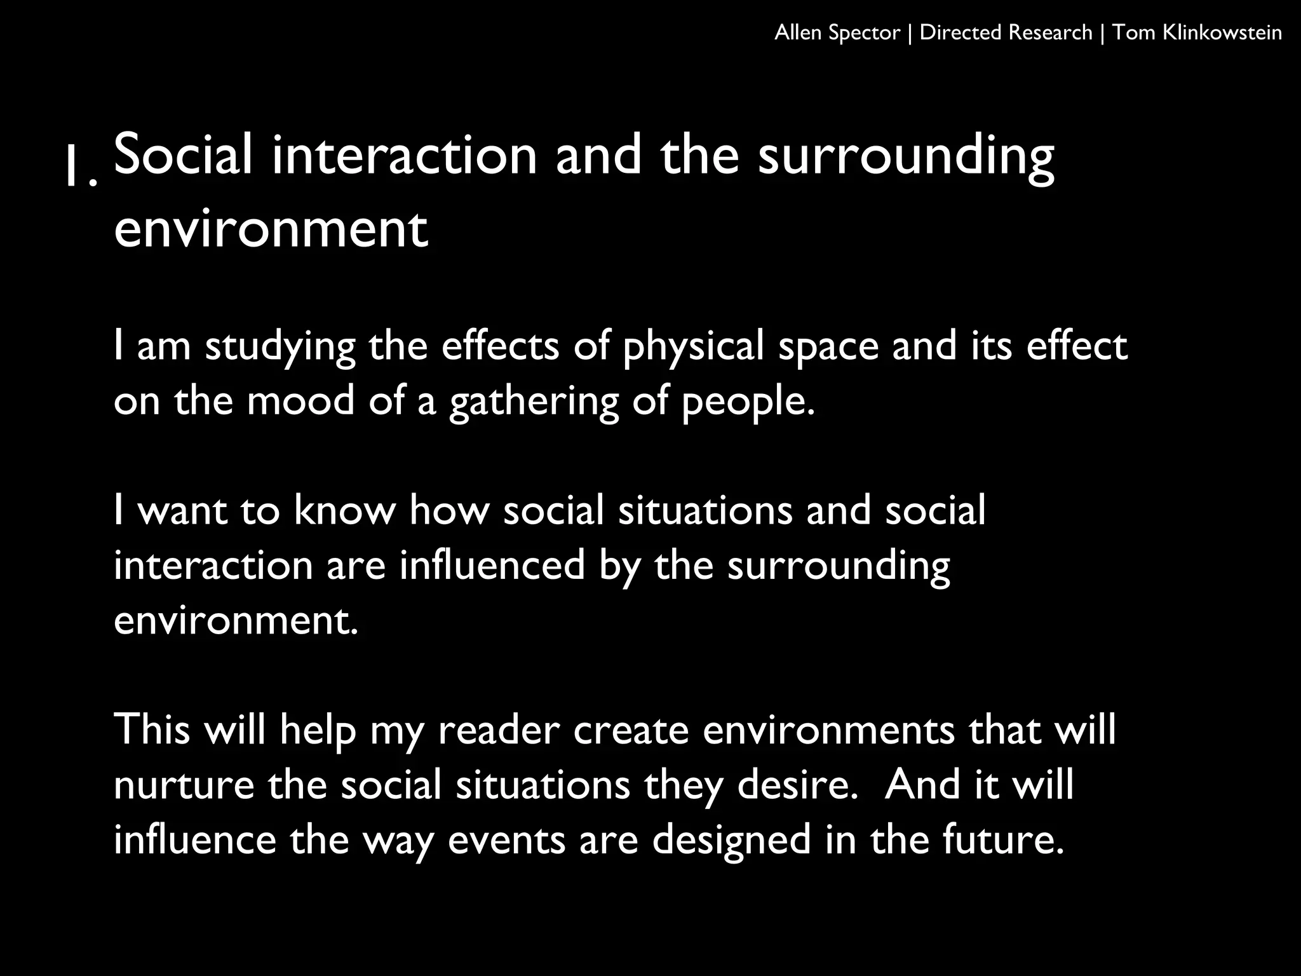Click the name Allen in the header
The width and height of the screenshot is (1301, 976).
[799, 32]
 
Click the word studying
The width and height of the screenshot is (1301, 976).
[280, 347]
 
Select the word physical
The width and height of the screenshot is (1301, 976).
[693, 347]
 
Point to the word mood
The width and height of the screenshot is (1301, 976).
[300, 402]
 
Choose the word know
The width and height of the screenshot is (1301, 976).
[344, 510]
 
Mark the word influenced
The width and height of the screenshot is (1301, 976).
[492, 565]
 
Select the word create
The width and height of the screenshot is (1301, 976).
[631, 729]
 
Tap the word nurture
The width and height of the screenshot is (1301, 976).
[184, 785]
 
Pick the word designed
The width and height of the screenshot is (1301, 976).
[732, 840]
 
